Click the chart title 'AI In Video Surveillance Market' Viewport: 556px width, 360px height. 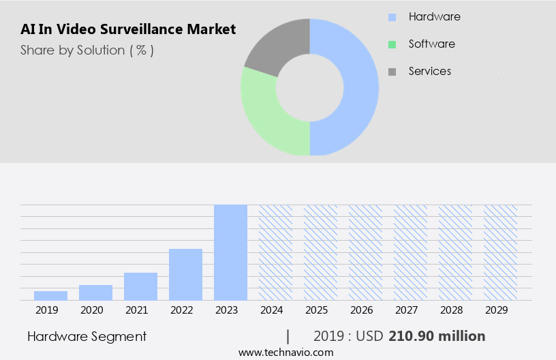[x=128, y=29]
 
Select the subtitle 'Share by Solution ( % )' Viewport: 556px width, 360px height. [x=87, y=50]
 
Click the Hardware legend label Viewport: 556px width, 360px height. [x=434, y=16]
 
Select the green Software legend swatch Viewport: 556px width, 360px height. [x=392, y=44]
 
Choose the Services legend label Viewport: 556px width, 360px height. [x=429, y=71]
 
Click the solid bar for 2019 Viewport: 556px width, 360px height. [x=50, y=295]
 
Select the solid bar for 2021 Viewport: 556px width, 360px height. [x=140, y=286]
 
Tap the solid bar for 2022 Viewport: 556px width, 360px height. [x=185, y=275]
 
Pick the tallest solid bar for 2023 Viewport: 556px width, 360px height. [x=230, y=252]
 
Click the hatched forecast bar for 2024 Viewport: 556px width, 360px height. [x=275, y=252]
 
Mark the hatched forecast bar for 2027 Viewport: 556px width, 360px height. [x=410, y=252]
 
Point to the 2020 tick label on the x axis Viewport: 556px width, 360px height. [x=91, y=310]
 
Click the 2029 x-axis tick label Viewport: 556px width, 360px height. [x=496, y=310]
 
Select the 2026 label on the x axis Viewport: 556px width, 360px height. [x=361, y=310]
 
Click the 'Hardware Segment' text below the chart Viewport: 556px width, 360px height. [x=87, y=336]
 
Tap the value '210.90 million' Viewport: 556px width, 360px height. [x=437, y=336]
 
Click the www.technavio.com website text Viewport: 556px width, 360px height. [x=286, y=352]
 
